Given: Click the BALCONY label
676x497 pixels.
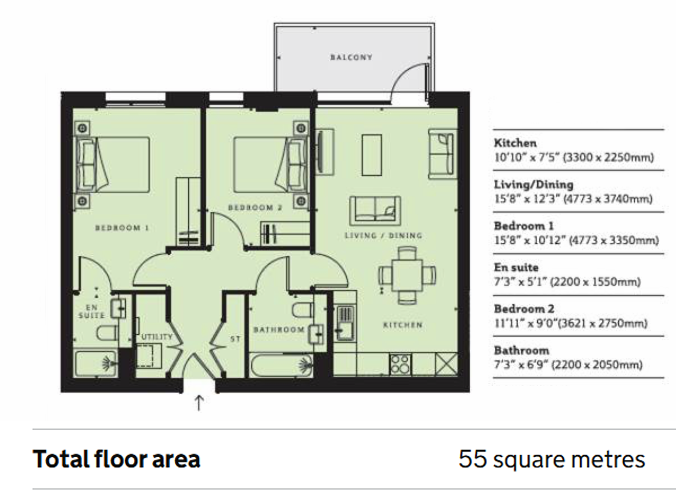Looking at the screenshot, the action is pyautogui.click(x=351, y=57).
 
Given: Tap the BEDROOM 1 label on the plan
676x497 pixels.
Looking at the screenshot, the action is pyautogui.click(x=122, y=228).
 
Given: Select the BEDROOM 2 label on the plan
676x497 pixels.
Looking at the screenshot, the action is pyautogui.click(x=255, y=207).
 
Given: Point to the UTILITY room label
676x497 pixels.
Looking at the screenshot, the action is pyautogui.click(x=157, y=336).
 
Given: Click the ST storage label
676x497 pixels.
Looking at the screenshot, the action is pyautogui.click(x=235, y=339).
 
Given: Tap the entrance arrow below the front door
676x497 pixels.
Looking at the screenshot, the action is pyautogui.click(x=199, y=403).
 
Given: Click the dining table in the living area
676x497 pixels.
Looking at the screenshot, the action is pyautogui.click(x=407, y=275).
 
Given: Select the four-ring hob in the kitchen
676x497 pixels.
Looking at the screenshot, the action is pyautogui.click(x=401, y=365).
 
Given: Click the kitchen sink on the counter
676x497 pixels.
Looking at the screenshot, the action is pyautogui.click(x=345, y=323).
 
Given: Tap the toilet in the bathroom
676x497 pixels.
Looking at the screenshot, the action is pyautogui.click(x=303, y=310).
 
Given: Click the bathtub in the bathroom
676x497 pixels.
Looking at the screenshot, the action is pyautogui.click(x=281, y=365).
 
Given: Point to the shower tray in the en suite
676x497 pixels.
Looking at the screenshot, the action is pyautogui.click(x=96, y=363).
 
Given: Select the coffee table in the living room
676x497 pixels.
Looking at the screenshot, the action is pyautogui.click(x=372, y=155).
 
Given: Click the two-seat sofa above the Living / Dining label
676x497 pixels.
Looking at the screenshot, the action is pyautogui.click(x=375, y=211).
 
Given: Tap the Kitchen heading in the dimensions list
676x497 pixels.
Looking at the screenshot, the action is pyautogui.click(x=515, y=143).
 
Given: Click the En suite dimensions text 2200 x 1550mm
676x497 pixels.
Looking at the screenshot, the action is pyautogui.click(x=595, y=282).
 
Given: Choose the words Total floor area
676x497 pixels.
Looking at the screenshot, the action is pyautogui.click(x=116, y=459).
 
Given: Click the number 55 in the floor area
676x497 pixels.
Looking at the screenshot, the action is pyautogui.click(x=472, y=459).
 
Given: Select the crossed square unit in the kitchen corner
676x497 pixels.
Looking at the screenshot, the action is pyautogui.click(x=446, y=365).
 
